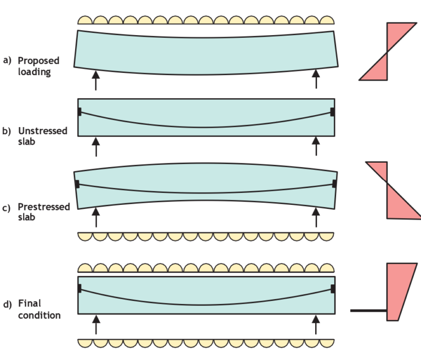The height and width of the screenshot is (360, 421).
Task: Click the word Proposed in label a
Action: (x=38, y=60)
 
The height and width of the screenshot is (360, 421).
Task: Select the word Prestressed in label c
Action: (x=44, y=207)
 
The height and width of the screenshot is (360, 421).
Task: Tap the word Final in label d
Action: (x=30, y=303)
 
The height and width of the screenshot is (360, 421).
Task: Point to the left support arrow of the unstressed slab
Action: (x=96, y=146)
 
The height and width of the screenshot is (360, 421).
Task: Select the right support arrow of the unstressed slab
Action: (x=316, y=146)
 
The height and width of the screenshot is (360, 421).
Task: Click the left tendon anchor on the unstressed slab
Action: (x=79, y=112)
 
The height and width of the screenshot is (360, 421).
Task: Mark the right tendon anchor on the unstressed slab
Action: (x=333, y=112)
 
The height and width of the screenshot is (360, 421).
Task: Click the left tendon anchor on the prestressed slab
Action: (x=77, y=184)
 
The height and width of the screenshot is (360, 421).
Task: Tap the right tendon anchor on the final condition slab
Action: (x=333, y=288)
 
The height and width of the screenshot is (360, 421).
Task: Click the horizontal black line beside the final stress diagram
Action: (x=368, y=311)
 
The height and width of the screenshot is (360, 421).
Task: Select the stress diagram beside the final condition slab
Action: (x=398, y=290)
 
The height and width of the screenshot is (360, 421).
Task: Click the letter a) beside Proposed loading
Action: (x=7, y=60)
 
